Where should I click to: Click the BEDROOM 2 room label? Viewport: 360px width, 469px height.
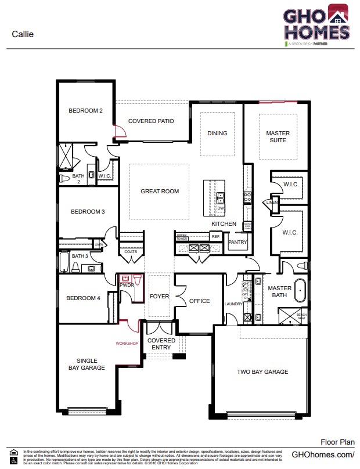coord(85,111)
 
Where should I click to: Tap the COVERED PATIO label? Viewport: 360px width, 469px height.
coord(151,121)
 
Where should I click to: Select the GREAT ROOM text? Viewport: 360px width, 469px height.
coord(160,192)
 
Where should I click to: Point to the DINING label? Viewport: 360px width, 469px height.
coord(217,134)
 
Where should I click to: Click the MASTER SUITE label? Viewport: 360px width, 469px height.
coord(278,137)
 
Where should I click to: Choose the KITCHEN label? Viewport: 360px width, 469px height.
coord(224,224)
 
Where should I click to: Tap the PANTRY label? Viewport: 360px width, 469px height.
coord(238,243)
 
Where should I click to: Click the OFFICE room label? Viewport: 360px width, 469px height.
coord(199,301)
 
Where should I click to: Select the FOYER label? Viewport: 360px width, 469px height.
coord(159,297)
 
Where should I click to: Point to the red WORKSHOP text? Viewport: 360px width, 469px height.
coord(127,344)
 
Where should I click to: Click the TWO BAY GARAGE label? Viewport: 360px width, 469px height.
coord(262,372)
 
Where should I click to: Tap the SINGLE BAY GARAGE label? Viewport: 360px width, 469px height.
coord(87,364)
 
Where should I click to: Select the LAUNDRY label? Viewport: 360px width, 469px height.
coord(233,304)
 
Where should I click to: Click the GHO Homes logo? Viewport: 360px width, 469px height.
coord(316,24)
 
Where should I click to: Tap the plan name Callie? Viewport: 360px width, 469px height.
coord(23,34)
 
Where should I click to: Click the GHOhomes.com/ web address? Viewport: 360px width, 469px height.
coord(322,454)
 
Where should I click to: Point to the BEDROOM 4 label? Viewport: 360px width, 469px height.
coord(83,298)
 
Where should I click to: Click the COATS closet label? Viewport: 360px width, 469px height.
coord(131,252)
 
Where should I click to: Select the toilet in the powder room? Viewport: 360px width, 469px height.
coord(136,279)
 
